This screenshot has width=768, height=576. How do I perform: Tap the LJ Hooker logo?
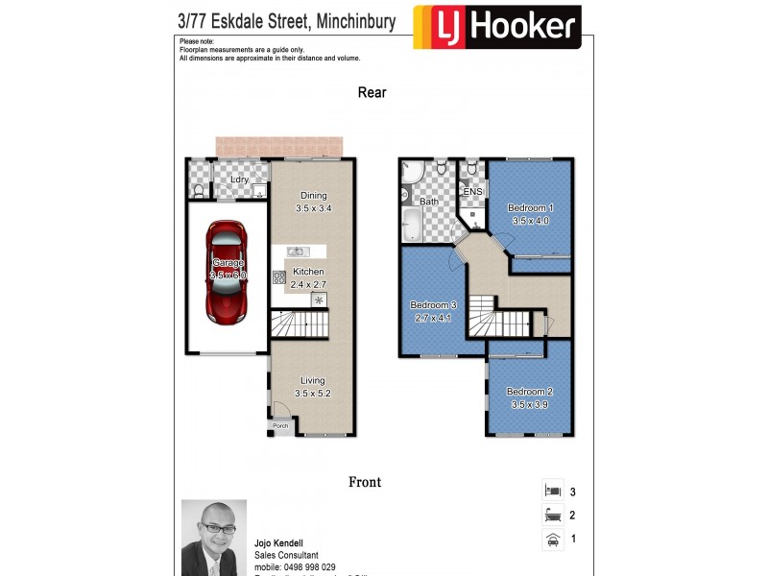point(497,27)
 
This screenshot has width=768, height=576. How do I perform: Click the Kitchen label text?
point(308,272)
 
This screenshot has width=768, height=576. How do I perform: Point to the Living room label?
point(313,380)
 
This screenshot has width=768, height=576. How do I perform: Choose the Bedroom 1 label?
point(530,208)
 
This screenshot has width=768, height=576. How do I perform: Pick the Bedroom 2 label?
point(530,392)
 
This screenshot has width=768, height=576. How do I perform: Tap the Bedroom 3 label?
point(434,305)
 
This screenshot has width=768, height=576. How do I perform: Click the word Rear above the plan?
point(372,92)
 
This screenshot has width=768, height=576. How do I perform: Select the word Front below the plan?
point(364,483)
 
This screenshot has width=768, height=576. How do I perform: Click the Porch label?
point(280,425)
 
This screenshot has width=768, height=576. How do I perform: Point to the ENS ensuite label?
point(472,191)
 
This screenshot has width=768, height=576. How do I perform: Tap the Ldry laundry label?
point(239,180)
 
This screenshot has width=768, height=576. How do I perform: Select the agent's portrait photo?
point(214,538)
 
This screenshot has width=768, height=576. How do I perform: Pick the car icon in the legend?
point(552,540)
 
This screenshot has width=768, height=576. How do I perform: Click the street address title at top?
point(287,20)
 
